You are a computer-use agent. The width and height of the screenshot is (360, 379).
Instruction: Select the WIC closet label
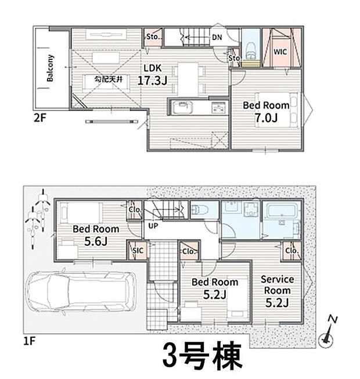[280, 51]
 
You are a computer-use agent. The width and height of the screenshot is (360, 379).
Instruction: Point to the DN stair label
[216, 37]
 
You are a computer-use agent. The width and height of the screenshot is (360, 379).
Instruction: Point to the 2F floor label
[39, 116]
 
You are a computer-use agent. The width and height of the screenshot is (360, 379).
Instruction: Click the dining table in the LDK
[188, 77]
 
